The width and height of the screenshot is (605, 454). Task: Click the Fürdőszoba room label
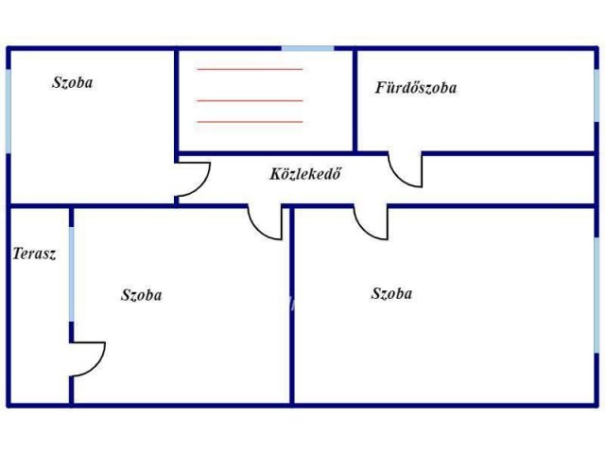pyautogui.click(x=416, y=88)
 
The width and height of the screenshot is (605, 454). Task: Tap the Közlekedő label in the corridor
pyautogui.click(x=305, y=174)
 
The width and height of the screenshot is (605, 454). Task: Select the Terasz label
pyautogui.click(x=34, y=253)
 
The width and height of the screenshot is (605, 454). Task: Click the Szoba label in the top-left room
pyautogui.click(x=73, y=82)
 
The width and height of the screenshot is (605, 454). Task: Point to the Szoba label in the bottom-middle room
pyautogui.click(x=141, y=295)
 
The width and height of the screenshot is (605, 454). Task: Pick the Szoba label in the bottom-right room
pyautogui.click(x=391, y=293)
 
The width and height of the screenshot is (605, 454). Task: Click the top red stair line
pyautogui.click(x=250, y=69)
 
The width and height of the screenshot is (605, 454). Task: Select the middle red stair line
pyautogui.click(x=250, y=101)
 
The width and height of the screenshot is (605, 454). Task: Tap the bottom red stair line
pyautogui.click(x=250, y=122)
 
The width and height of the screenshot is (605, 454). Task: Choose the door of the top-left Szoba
pyautogui.click(x=203, y=185)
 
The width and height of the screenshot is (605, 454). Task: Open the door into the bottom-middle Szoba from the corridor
pyautogui.click(x=257, y=230)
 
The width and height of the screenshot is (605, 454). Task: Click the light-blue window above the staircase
pyautogui.click(x=307, y=48)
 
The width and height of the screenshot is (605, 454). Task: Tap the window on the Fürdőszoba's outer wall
pyautogui.click(x=596, y=96)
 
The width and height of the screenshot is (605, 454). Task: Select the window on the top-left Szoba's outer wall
pyautogui.click(x=9, y=112)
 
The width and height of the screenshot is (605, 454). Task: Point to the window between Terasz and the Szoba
pyautogui.click(x=72, y=274)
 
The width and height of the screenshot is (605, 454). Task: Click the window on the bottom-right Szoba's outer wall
pyautogui.click(x=596, y=295)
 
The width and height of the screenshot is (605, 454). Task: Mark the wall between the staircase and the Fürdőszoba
pyautogui.click(x=355, y=100)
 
